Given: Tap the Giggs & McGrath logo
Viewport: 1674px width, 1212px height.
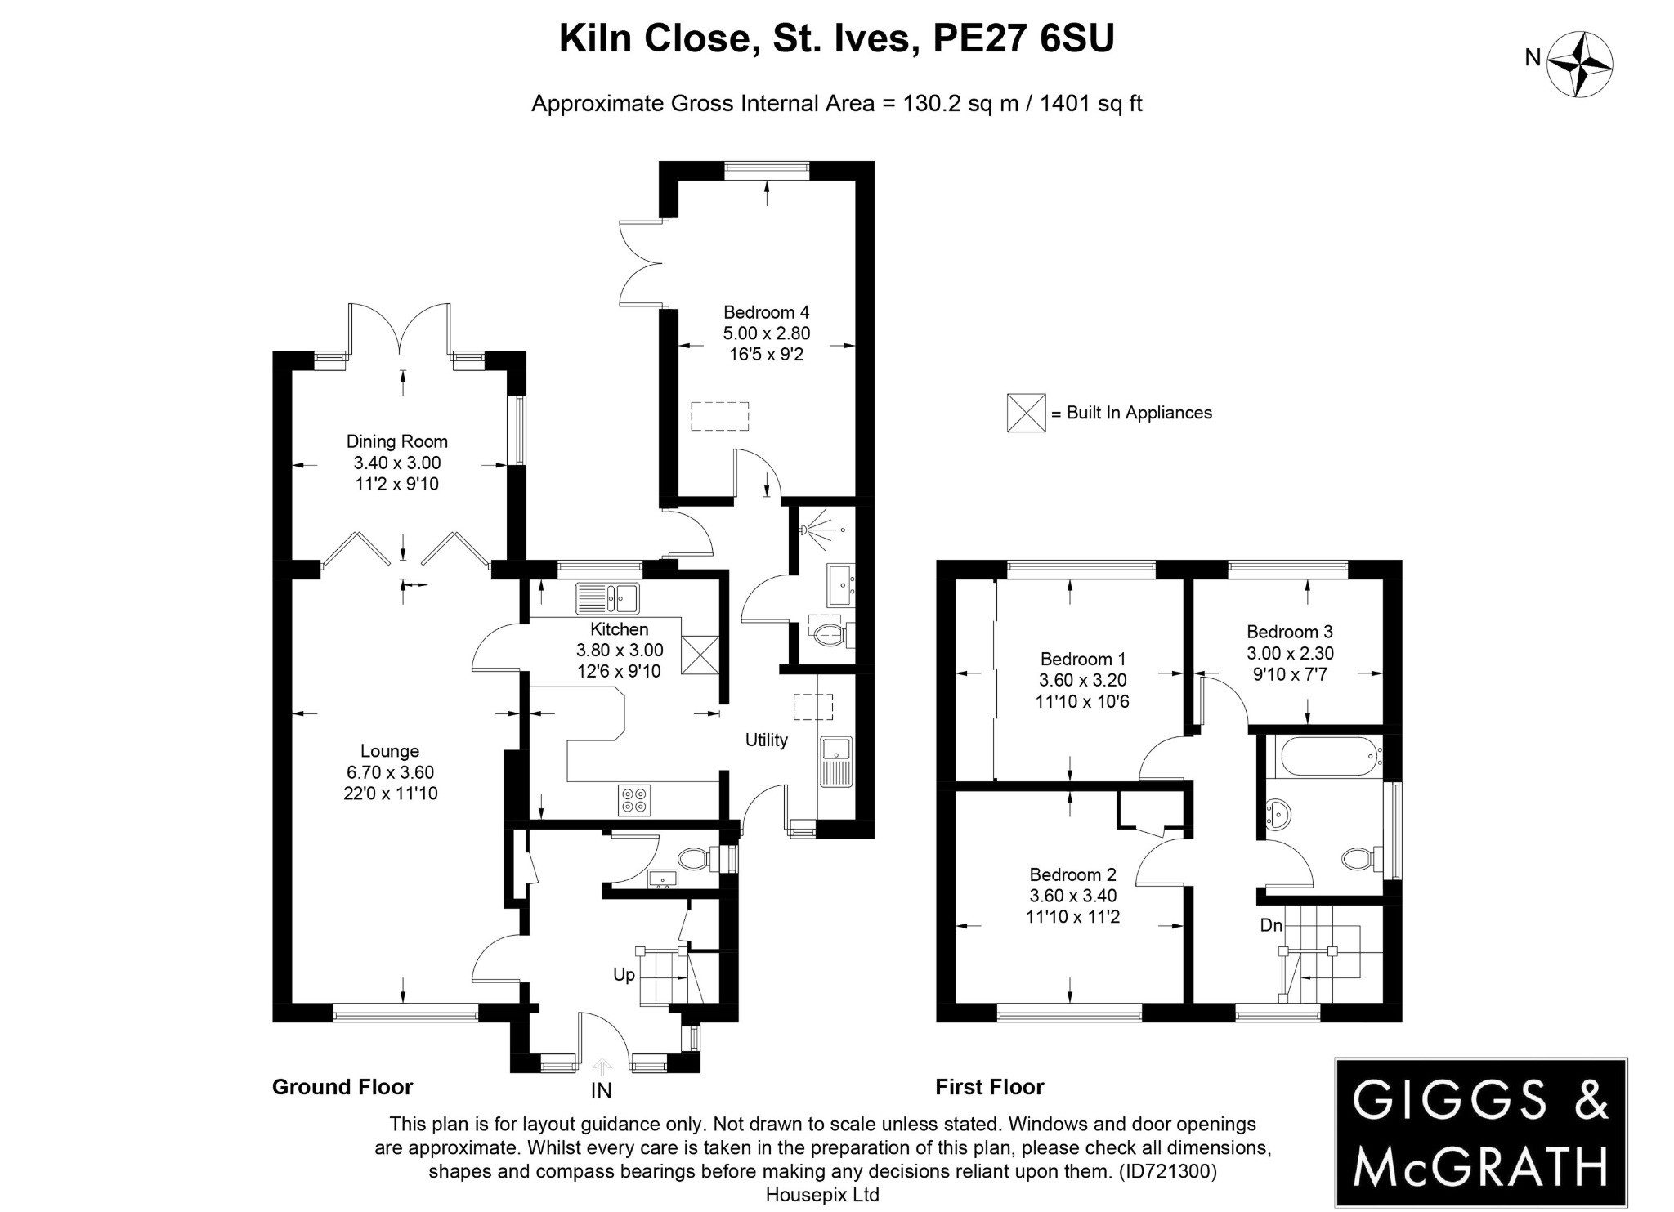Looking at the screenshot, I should pyautogui.click(x=1480, y=1132).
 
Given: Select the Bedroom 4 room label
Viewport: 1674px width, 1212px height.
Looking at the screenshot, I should pyautogui.click(x=766, y=312).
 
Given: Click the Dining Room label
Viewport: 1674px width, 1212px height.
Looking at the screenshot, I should pyautogui.click(x=397, y=441).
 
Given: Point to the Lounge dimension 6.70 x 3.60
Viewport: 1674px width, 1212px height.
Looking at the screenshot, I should pyautogui.click(x=390, y=772).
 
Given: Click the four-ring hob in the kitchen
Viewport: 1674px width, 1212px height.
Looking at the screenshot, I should pyautogui.click(x=634, y=800).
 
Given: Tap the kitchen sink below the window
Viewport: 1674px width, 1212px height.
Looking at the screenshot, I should pyautogui.click(x=607, y=597).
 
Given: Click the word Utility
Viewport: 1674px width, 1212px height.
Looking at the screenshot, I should pyautogui.click(x=766, y=740).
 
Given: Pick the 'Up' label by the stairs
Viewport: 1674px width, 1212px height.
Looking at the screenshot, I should pyautogui.click(x=624, y=975).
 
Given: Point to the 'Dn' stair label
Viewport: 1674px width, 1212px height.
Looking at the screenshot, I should pyautogui.click(x=1271, y=925).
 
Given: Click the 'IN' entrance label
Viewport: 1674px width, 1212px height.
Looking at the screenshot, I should pyautogui.click(x=602, y=1090).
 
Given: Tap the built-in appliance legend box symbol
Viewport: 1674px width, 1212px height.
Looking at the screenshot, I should pyautogui.click(x=1026, y=413).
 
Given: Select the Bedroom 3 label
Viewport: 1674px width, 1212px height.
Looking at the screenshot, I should pyautogui.click(x=1289, y=632).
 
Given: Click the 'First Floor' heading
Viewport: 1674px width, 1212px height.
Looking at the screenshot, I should pyautogui.click(x=989, y=1087).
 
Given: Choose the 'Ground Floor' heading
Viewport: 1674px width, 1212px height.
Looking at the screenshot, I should pyautogui.click(x=342, y=1087).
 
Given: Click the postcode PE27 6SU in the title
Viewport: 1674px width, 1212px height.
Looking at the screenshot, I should pyautogui.click(x=1023, y=38).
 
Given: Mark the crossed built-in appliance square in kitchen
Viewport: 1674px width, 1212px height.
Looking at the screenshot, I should pyautogui.click(x=700, y=655).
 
